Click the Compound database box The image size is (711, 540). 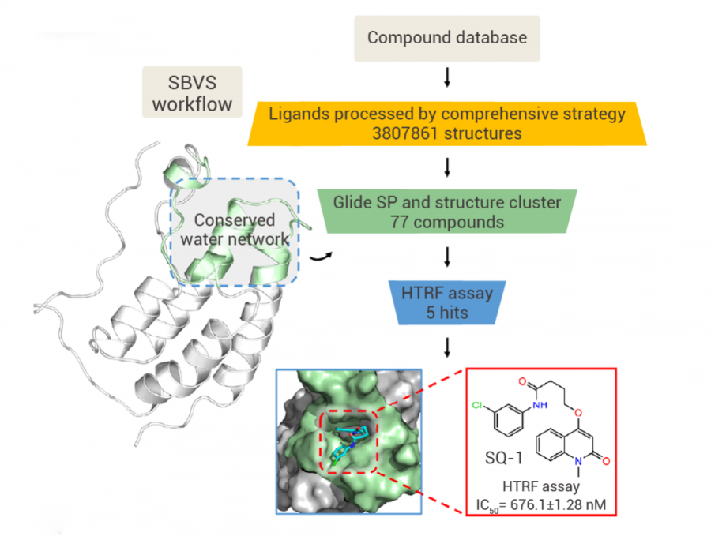446,38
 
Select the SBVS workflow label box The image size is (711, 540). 192,92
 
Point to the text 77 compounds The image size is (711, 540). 446,222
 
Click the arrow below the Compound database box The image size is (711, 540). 447,77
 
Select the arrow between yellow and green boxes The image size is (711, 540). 447,167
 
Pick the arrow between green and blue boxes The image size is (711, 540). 447,257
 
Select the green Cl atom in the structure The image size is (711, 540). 476,405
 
